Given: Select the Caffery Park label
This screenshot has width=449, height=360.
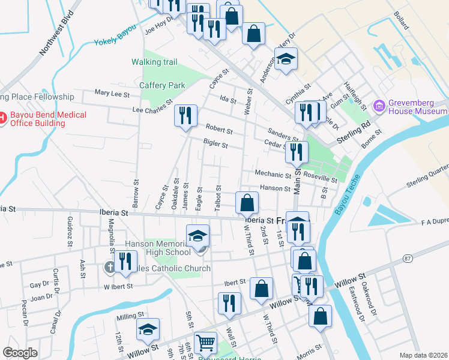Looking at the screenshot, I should tap(162, 85).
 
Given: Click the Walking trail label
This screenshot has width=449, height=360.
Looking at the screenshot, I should tap(154, 62).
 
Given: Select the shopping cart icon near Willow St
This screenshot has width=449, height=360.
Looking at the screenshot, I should tap(206, 343).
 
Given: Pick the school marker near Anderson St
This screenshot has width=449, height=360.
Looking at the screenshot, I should tap(286, 60).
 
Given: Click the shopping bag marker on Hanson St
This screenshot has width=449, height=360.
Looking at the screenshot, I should tap(247, 203).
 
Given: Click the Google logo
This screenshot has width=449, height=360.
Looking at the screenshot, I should tap(20, 353).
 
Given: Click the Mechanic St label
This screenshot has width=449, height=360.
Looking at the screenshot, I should tap(273, 174).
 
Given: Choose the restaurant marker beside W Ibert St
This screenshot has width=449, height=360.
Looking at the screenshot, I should tap(125, 262).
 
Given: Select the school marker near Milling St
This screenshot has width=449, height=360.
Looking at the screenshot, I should tap(148, 329).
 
